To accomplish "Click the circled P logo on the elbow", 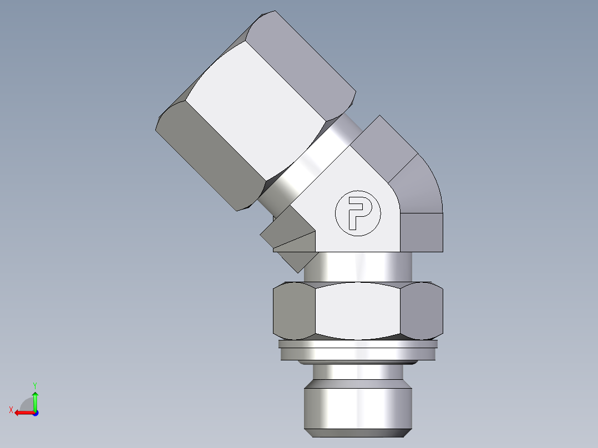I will pyautogui.click(x=358, y=213).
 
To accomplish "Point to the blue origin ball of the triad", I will pyautogui.click(x=35, y=413).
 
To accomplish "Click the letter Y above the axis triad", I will pyautogui.click(x=34, y=385).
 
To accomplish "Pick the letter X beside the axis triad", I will pyautogui.click(x=11, y=410).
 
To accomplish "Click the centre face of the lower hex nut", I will pyautogui.click(x=358, y=310).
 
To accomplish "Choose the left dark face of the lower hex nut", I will pyautogui.click(x=294, y=310).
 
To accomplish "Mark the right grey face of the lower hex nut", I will pyautogui.click(x=422, y=310).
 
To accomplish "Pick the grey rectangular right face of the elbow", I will pyautogui.click(x=422, y=232).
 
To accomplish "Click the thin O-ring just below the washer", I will pyautogui.click(x=358, y=362).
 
